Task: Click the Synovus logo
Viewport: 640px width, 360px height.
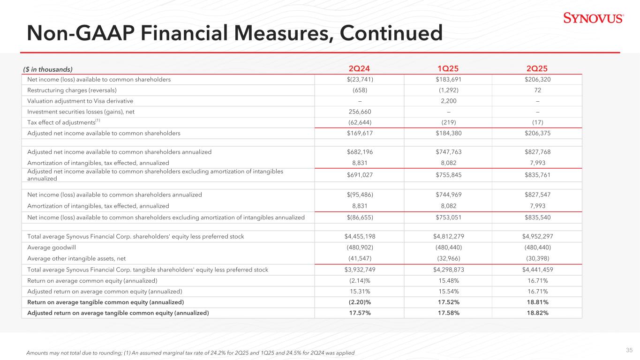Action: coord(593,19)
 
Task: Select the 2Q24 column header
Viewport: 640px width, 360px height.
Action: coord(360,69)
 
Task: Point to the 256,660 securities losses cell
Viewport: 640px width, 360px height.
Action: coord(360,112)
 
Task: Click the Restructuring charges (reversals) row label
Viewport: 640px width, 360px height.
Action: coord(72,90)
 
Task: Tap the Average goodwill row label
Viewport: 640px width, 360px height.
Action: coord(49,247)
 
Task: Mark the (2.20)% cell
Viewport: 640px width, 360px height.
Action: coord(360,302)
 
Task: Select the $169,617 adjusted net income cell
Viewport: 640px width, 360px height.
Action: coord(360,133)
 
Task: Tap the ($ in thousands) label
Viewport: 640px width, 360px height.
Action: coord(48,69)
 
